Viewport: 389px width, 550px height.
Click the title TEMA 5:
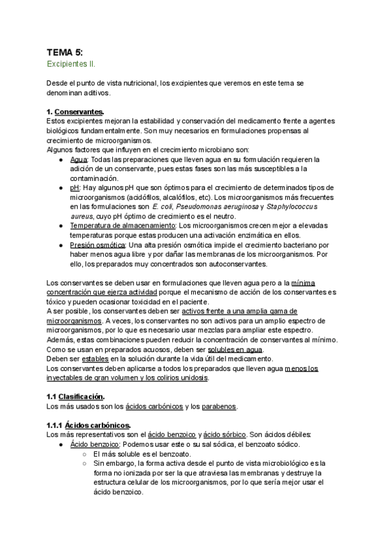pos(65,52)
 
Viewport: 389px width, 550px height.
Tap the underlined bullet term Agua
pos(78,159)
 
